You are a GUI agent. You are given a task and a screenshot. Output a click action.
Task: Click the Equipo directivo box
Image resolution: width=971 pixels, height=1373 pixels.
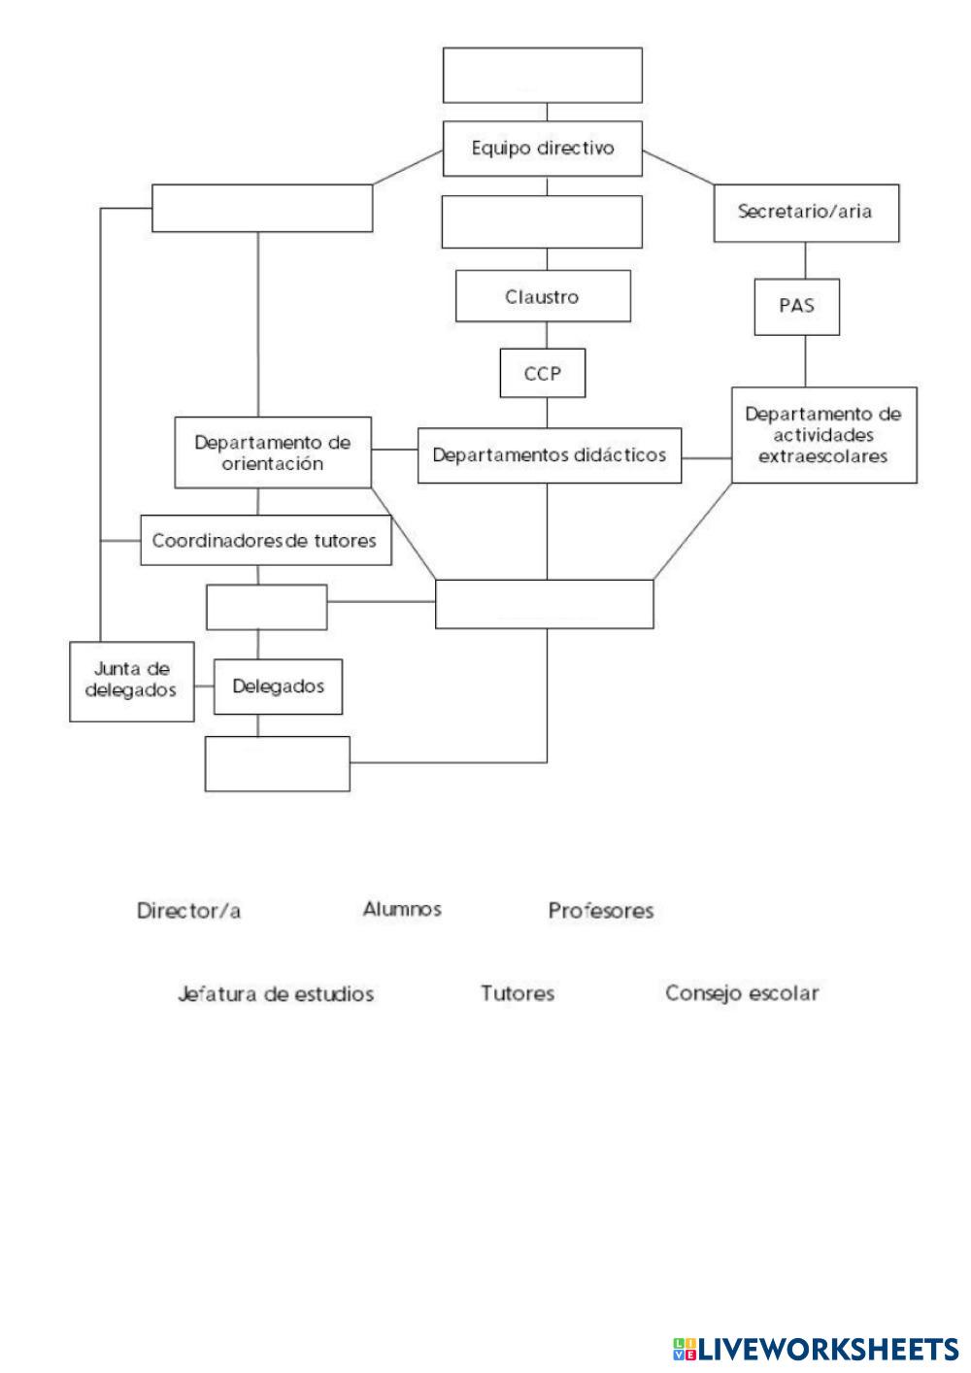point(543,149)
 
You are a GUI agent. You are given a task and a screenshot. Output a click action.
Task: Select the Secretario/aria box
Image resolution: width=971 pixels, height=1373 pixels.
point(806,212)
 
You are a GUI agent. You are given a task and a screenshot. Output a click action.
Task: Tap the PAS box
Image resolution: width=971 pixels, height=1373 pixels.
point(796,306)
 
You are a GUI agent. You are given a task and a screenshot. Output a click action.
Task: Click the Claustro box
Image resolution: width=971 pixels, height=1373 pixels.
point(543,296)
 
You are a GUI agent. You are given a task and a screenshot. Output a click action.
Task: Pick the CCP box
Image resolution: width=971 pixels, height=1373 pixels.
point(543,373)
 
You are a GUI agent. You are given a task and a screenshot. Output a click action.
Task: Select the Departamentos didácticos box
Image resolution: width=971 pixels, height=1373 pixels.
point(550,454)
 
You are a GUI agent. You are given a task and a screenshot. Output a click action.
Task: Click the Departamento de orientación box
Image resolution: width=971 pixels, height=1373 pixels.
point(273,453)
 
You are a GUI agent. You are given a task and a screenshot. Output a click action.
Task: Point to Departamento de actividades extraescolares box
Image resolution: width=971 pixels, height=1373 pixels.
point(823,434)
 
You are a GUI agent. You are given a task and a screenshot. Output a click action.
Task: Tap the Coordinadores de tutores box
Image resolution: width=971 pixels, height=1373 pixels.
point(266,540)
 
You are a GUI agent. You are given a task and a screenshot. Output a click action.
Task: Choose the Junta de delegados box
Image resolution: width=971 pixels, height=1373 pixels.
point(132,681)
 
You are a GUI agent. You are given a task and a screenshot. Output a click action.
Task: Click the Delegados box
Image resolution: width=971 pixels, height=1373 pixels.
point(279,686)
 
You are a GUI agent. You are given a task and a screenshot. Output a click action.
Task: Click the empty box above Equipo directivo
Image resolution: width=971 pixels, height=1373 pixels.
point(543,75)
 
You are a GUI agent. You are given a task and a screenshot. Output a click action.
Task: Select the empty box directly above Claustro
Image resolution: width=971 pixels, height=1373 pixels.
point(543,222)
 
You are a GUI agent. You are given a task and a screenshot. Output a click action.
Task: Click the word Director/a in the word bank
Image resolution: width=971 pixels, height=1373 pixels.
point(189,911)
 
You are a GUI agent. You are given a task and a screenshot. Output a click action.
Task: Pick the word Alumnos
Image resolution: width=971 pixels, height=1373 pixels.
point(402,909)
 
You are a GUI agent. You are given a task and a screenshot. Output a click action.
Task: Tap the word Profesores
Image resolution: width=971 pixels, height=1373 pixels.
point(601,911)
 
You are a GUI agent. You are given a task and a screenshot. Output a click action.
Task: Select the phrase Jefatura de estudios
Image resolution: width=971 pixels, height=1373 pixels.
point(276,994)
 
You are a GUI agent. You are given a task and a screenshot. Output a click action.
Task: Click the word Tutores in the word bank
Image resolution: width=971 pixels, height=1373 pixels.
point(518,993)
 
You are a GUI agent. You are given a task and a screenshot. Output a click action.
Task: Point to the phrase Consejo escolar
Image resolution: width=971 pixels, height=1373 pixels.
point(742,993)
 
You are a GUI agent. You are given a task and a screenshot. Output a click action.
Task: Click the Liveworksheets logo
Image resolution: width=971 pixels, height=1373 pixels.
point(815,1349)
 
